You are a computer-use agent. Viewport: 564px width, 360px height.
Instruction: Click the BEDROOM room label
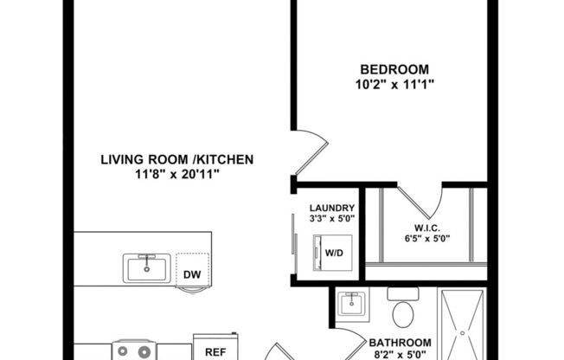pos(394,68)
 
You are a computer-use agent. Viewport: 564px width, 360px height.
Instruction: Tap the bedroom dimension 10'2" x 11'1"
pos(394,84)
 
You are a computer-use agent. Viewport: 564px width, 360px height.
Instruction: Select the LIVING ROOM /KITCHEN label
pos(176,159)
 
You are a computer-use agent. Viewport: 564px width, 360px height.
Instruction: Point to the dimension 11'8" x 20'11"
pos(176,174)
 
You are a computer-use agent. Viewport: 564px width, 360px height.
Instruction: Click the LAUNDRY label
pos(332,208)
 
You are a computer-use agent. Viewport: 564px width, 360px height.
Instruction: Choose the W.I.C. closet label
pos(421,228)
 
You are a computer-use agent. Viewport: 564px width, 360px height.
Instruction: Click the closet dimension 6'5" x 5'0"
pos(421,239)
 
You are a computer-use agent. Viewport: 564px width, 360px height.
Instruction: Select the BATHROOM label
pos(401,342)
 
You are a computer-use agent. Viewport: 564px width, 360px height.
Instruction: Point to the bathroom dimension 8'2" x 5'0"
pos(401,354)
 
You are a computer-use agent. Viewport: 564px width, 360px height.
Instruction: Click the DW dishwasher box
pos(192,275)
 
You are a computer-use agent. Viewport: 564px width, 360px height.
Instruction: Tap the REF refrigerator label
pos(215,352)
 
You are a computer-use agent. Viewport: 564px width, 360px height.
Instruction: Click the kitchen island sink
pos(147,268)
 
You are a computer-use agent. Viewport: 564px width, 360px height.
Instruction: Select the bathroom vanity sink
pos(352,305)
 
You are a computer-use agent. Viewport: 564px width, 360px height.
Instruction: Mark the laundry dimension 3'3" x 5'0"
pos(332,219)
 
